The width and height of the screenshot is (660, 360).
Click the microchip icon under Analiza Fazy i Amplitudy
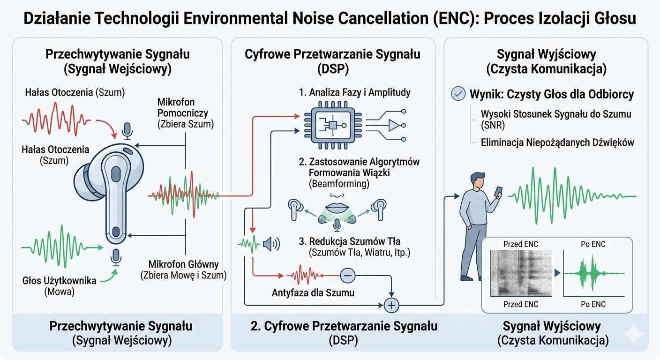point(332,125)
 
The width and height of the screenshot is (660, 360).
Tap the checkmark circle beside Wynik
point(457,94)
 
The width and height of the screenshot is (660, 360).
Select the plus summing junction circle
point(390,305)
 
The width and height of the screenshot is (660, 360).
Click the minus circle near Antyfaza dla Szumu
point(347,276)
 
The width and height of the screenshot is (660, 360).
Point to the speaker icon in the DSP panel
point(271,244)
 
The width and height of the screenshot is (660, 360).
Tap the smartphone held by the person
point(498,192)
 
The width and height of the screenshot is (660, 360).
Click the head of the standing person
point(477,180)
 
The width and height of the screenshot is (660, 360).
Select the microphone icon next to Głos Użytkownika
point(115,257)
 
